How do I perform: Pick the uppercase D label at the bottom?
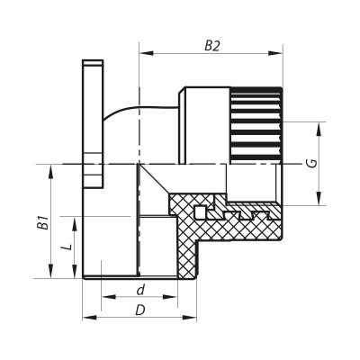pos(139,310)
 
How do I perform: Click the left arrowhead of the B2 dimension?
pos(142,51)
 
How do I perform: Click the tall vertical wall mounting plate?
pos(91,126)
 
